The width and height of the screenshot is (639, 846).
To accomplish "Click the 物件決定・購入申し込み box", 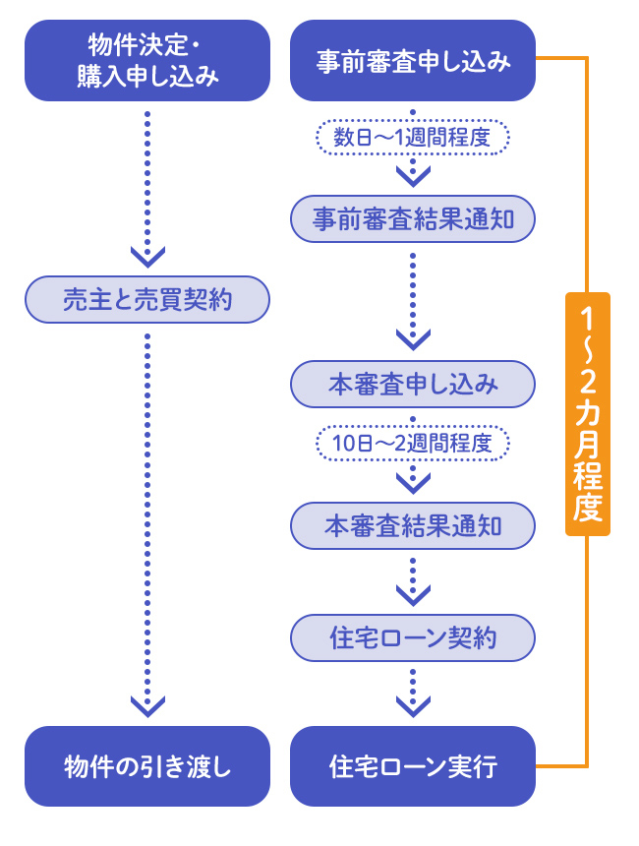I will click(147, 60).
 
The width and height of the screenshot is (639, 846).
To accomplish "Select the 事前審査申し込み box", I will click(413, 60).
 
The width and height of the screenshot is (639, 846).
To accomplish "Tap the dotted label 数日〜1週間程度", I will click(413, 138).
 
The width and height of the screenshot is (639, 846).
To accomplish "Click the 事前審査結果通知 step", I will click(413, 218).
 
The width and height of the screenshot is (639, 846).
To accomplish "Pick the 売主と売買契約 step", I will click(147, 299).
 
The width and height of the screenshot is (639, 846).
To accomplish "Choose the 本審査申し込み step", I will click(413, 383).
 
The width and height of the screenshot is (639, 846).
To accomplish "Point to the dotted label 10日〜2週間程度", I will click(413, 443).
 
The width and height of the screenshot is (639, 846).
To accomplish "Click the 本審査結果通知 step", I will click(413, 525).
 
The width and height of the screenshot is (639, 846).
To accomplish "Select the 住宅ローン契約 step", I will click(413, 637).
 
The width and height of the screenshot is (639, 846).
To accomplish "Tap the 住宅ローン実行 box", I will click(413, 766).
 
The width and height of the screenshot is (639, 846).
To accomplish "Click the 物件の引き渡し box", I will click(147, 766).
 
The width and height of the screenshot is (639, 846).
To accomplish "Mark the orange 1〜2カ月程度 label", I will click(588, 413).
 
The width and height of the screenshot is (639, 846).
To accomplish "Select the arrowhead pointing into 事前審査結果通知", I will click(413, 175).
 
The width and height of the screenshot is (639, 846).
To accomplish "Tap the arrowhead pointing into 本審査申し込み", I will click(413, 339).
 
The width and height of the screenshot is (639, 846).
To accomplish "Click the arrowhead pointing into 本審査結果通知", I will click(413, 482).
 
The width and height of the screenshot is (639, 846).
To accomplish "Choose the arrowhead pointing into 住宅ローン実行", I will click(413, 704).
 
